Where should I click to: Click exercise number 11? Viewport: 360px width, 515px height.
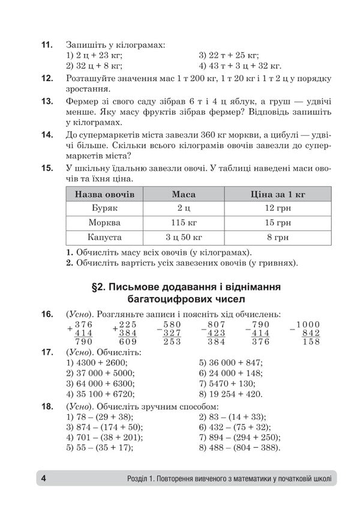pyautogui.click(x=46, y=44)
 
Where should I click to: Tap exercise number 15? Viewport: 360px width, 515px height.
pyautogui.click(x=46, y=167)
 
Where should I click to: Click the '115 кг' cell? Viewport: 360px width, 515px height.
pyautogui.click(x=183, y=222)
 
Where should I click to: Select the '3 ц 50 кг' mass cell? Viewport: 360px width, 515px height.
pyautogui.click(x=183, y=236)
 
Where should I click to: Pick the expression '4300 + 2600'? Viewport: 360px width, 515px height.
pyautogui.click(x=106, y=363)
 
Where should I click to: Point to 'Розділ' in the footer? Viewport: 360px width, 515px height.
pyautogui.click(x=140, y=479)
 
